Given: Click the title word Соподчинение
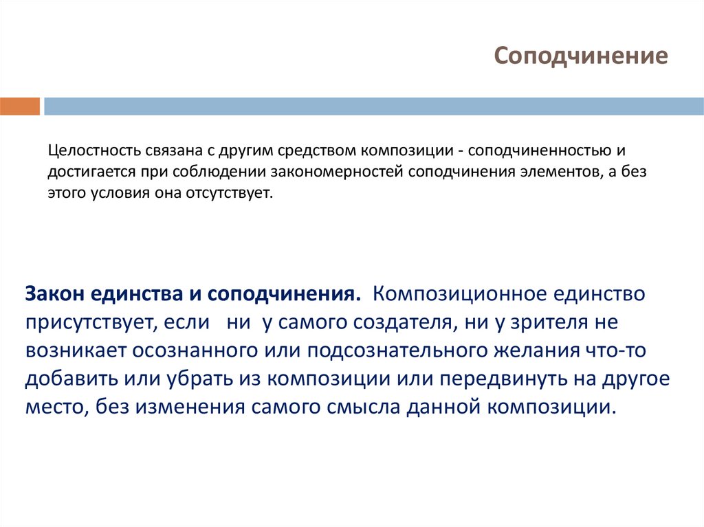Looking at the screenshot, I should pos(580,56).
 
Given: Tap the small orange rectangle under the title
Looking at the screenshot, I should pos(20,106).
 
